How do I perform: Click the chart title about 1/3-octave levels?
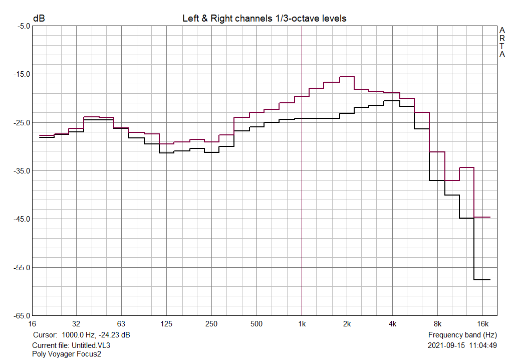point(264,19)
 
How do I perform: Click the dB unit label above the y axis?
point(39,19)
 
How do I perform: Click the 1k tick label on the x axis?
point(302,323)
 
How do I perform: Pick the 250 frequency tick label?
point(211,323)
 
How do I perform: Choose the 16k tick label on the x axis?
point(482,323)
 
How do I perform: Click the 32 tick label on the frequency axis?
point(76,323)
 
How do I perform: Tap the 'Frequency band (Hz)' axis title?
point(462,334)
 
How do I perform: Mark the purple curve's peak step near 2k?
point(347,77)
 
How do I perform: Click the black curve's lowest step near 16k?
point(482,279)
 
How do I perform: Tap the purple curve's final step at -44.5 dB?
point(482,217)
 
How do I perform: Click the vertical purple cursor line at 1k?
point(302,201)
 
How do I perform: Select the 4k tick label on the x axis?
point(392,323)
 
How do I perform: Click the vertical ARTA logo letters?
point(502,42)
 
